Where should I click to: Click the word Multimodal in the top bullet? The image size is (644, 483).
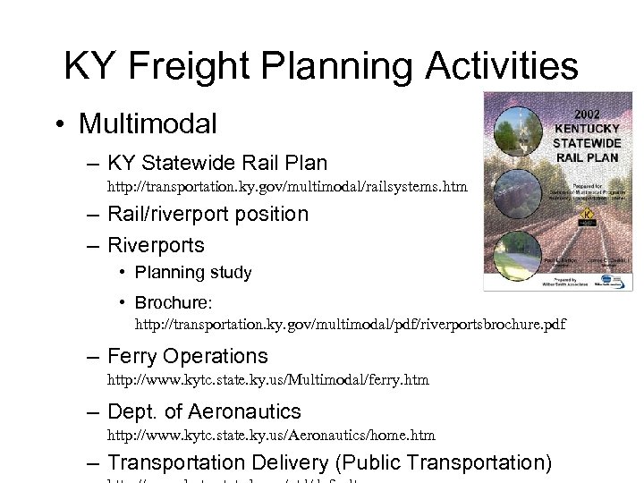pos(148,123)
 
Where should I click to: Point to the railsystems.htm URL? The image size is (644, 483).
pos(287,187)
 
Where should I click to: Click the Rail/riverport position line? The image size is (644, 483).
pos(208,214)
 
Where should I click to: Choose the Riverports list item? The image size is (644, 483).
pos(156,244)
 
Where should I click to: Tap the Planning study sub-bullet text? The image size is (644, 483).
pos(193,272)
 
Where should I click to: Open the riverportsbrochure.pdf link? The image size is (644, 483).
pos(351,324)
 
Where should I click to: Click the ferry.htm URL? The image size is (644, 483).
pos(268,379)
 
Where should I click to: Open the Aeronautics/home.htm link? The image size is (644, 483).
pos(271,435)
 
